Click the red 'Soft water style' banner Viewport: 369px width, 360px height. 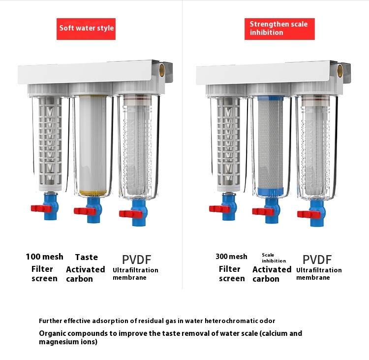pyautogui.click(x=86, y=29)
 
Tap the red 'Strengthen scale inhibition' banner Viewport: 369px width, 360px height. pyautogui.click(x=279, y=29)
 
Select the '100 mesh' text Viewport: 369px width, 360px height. pyautogui.click(x=44, y=257)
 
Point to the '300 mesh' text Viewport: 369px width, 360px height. pyautogui.click(x=231, y=257)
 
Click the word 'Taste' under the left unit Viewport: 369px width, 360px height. pyautogui.click(x=87, y=257)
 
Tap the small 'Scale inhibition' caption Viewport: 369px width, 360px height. pyautogui.click(x=274, y=258)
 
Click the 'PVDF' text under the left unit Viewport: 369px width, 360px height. pyautogui.click(x=136, y=260)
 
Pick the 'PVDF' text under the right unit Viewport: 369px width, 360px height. pyautogui.click(x=317, y=260)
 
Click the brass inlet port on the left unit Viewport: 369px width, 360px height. pyautogui.click(x=162, y=70)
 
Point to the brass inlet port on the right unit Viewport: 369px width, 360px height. pyautogui.click(x=340, y=70)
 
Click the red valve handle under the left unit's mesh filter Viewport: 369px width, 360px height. pyautogui.click(x=41, y=208)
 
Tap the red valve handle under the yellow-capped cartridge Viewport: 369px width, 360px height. pyautogui.click(x=85, y=211)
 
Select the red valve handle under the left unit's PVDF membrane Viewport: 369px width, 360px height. pyautogui.click(x=130, y=214)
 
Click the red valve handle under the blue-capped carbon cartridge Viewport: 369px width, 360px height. pyautogui.click(x=263, y=212)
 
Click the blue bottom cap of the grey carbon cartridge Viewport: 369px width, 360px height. pyautogui.click(x=271, y=191)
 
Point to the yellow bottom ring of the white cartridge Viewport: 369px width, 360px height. pyautogui.click(x=92, y=193)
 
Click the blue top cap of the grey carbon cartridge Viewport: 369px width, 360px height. pyautogui.click(x=271, y=98)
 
